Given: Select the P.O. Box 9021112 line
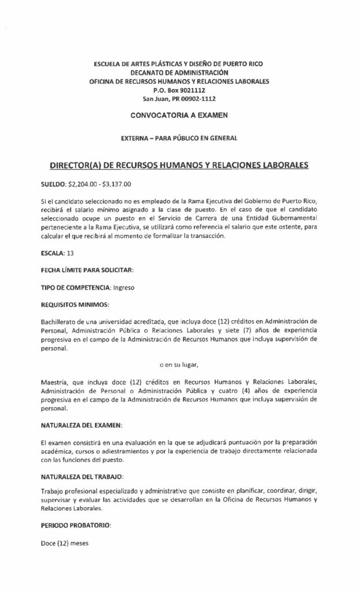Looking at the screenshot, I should (179, 90).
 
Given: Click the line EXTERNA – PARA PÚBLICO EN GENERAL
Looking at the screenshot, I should (179, 138).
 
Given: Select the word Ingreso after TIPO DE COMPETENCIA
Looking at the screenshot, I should (125, 287).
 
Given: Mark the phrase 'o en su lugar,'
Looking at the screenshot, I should (179, 365).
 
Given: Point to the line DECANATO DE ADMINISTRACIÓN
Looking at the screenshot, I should (179, 73).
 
